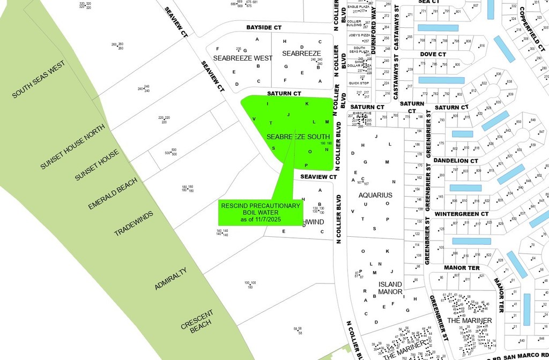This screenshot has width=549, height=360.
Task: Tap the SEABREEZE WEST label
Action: point(243,58)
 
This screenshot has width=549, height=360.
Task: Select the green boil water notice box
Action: point(261,213)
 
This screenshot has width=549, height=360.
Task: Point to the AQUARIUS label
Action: point(375,195)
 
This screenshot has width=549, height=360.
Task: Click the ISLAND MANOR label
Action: point(390,288)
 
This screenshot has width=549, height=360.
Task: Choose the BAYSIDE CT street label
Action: point(264,27)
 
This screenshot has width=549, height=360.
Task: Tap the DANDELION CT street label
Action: point(456,161)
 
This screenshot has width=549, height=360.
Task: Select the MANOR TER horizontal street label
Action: point(462,267)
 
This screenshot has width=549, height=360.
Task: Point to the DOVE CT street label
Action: point(433,54)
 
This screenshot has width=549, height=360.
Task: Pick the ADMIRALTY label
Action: point(170,279)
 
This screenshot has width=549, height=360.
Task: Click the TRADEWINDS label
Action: point(133,224)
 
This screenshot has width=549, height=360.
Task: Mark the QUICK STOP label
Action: point(359,83)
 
